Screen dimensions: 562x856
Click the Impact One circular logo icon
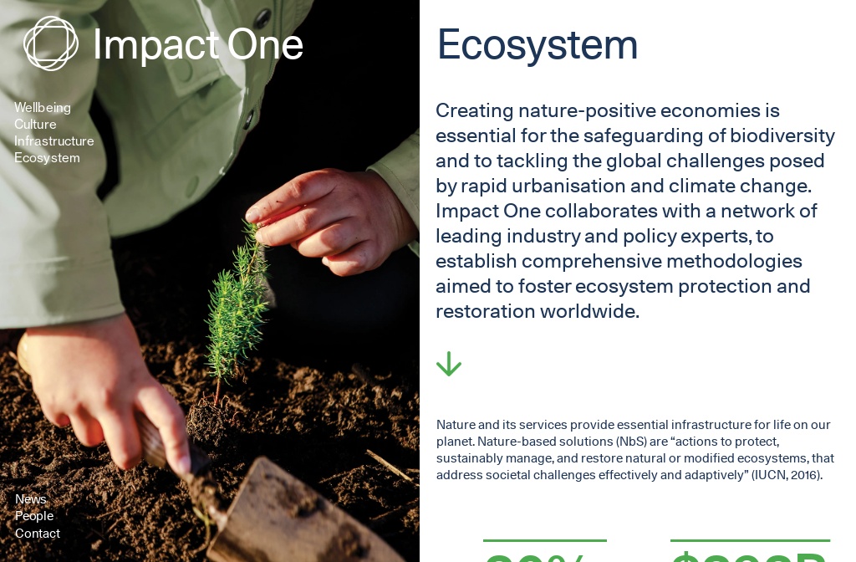pos(50,43)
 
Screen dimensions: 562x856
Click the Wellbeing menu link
pos(43,108)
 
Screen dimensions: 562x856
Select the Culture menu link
pos(35,125)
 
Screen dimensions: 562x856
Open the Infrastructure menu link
pos(54,141)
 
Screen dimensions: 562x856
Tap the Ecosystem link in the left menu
pos(47,158)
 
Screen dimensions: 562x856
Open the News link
pos(31,499)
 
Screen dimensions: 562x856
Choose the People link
pos(34,516)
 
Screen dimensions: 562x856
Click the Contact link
pos(38,534)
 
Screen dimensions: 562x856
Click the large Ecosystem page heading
pos(538,44)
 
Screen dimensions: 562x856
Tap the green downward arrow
pos(449,364)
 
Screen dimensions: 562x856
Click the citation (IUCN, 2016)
pos(787,475)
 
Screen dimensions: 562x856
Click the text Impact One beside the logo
pos(198,44)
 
